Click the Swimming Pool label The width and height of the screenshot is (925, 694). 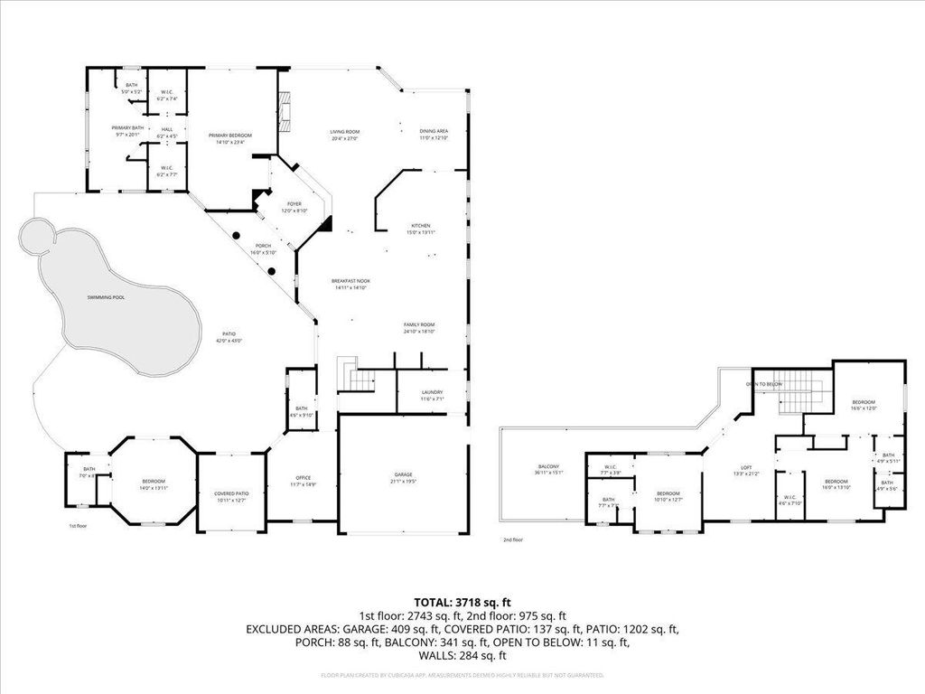coord(106,297)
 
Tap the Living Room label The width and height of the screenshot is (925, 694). coord(345,132)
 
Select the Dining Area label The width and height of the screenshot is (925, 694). coord(434,131)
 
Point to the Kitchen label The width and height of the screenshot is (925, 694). coord(421,226)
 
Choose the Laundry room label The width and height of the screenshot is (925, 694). coord(433,392)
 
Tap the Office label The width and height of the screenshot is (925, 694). coord(304,478)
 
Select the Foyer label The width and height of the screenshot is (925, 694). coord(294,205)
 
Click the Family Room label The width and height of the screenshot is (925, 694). coord(420,324)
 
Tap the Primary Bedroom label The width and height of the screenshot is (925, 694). coord(230,136)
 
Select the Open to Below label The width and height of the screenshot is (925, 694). coord(763,384)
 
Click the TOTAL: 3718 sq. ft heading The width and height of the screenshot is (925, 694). coord(462,601)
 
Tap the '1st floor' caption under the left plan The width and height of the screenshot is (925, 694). coord(78,525)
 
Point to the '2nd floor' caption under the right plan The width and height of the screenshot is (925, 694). coord(513,539)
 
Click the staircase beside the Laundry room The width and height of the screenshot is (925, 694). coord(356,375)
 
